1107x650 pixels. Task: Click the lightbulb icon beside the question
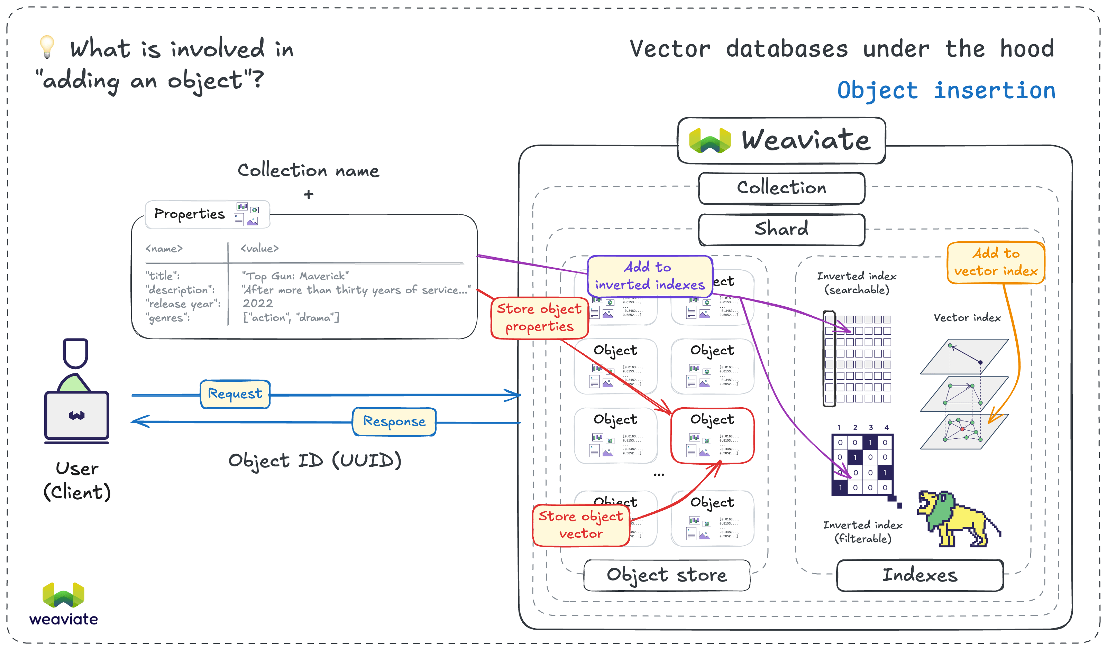(47, 47)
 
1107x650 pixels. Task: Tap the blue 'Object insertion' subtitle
(946, 91)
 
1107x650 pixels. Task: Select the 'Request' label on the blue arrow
(235, 394)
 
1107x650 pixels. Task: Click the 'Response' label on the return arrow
(394, 421)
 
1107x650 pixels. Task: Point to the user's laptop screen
(77, 415)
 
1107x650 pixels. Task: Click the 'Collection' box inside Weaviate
(781, 188)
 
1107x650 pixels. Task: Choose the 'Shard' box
(781, 229)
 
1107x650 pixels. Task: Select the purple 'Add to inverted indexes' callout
(650, 276)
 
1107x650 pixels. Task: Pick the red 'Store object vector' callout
(581, 525)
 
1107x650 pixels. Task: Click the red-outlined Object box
(712, 436)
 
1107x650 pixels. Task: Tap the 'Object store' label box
(666, 575)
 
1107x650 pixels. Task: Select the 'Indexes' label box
(920, 575)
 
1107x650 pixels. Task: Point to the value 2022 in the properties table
(258, 304)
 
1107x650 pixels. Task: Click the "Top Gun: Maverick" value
(295, 276)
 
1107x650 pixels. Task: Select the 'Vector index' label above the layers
(967, 317)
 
